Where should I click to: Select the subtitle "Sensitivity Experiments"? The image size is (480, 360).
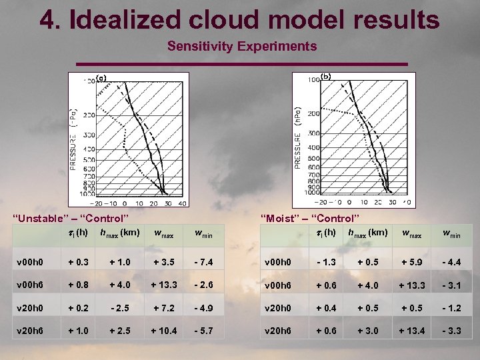pos(242,47)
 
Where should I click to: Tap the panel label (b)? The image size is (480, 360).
pos(326,76)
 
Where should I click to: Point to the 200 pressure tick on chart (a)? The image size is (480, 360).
pos(88,115)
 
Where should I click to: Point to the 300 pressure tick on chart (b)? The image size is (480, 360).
pos(313,134)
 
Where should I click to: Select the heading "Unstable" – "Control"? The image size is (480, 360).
pos(71,218)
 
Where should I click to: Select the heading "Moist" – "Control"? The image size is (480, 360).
pos(310,218)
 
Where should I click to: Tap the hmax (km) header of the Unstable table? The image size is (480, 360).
pos(119,233)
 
